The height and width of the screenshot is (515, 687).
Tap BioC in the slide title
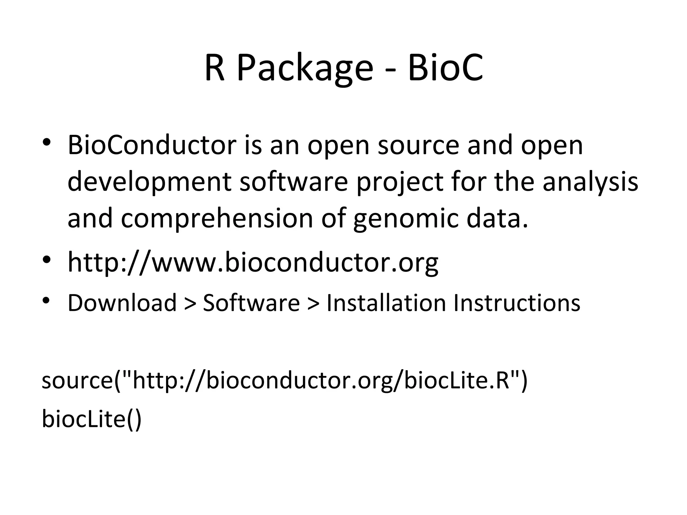click(x=445, y=69)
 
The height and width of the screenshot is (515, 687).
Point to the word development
click(x=149, y=181)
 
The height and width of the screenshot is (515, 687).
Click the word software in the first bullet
click(x=294, y=181)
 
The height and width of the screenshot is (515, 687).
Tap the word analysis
click(x=590, y=181)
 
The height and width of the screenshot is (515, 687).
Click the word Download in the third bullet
click(x=122, y=303)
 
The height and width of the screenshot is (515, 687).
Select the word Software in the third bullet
click(x=251, y=303)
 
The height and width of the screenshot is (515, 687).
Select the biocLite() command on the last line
click(x=92, y=419)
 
